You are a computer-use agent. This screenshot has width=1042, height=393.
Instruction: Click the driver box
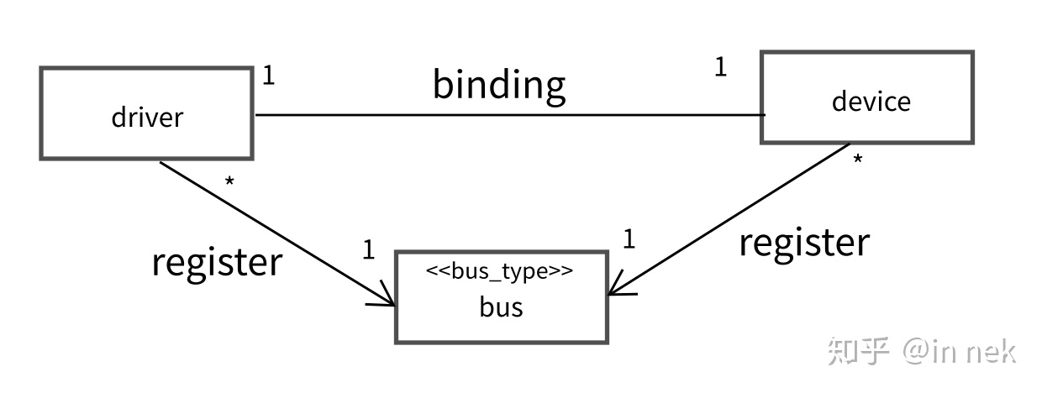click(x=146, y=115)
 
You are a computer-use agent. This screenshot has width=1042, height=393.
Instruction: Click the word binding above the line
click(x=499, y=85)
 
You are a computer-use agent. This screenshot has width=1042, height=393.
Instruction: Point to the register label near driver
click(x=217, y=261)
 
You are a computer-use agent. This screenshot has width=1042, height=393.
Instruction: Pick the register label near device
click(x=804, y=242)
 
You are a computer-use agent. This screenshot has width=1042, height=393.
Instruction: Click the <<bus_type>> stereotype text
click(x=501, y=271)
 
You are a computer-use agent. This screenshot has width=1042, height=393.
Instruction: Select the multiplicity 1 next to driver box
click(x=268, y=76)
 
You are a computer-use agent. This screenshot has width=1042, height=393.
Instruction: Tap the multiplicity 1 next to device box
click(x=720, y=67)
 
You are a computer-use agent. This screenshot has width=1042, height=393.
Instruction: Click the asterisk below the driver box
click(x=229, y=182)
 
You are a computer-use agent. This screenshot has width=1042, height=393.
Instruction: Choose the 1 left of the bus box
click(x=368, y=249)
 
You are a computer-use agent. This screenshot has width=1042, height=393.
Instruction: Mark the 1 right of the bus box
click(x=629, y=239)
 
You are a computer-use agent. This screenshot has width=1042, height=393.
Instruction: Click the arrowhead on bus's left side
click(x=387, y=297)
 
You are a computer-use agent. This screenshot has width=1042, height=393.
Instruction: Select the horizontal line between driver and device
click(x=504, y=114)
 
